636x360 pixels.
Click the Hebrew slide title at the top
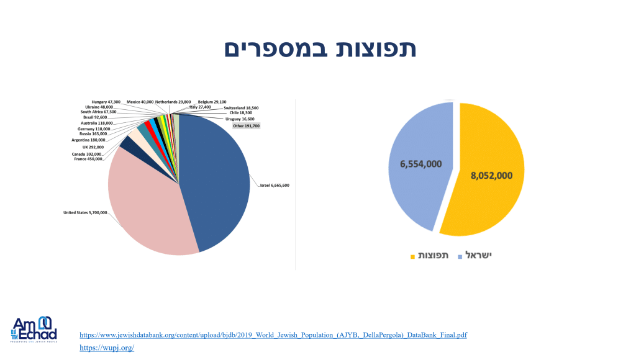pos(320,49)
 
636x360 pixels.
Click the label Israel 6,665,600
pos(274,186)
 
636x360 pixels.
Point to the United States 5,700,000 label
pos(84,213)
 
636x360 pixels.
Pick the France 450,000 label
pos(88,160)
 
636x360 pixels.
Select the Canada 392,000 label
pos(88,153)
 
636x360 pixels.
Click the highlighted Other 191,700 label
pos(246,126)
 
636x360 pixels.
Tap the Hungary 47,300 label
pos(106,101)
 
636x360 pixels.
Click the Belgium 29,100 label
pos(212,101)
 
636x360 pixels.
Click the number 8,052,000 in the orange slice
pos(491,175)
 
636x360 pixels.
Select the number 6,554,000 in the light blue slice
pos(420,164)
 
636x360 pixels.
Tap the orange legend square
pos(412,256)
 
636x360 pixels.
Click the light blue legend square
pos(460,256)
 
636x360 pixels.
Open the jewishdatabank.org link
pos(273,335)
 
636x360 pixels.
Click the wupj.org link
pos(107,348)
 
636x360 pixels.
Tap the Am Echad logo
pos(34,329)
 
